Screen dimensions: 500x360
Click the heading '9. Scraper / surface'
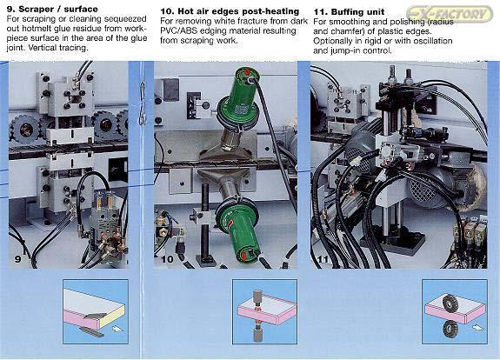tap(52, 9)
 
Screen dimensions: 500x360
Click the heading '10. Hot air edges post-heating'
tap(230, 11)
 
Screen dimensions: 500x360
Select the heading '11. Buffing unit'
tap(349, 12)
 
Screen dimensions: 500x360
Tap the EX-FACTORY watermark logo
tap(450, 14)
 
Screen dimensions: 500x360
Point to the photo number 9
tap(18, 259)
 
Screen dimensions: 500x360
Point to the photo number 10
tap(167, 259)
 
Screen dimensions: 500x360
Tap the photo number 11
tap(323, 259)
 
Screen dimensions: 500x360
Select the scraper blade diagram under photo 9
tap(96, 311)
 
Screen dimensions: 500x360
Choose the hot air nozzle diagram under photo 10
tap(264, 311)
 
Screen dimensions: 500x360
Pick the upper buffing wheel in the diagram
tap(450, 303)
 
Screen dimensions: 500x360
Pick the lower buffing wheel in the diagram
tap(450, 330)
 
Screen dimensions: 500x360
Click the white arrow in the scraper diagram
tap(117, 328)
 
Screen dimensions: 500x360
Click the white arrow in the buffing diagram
tap(478, 327)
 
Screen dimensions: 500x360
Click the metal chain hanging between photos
tap(143, 103)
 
